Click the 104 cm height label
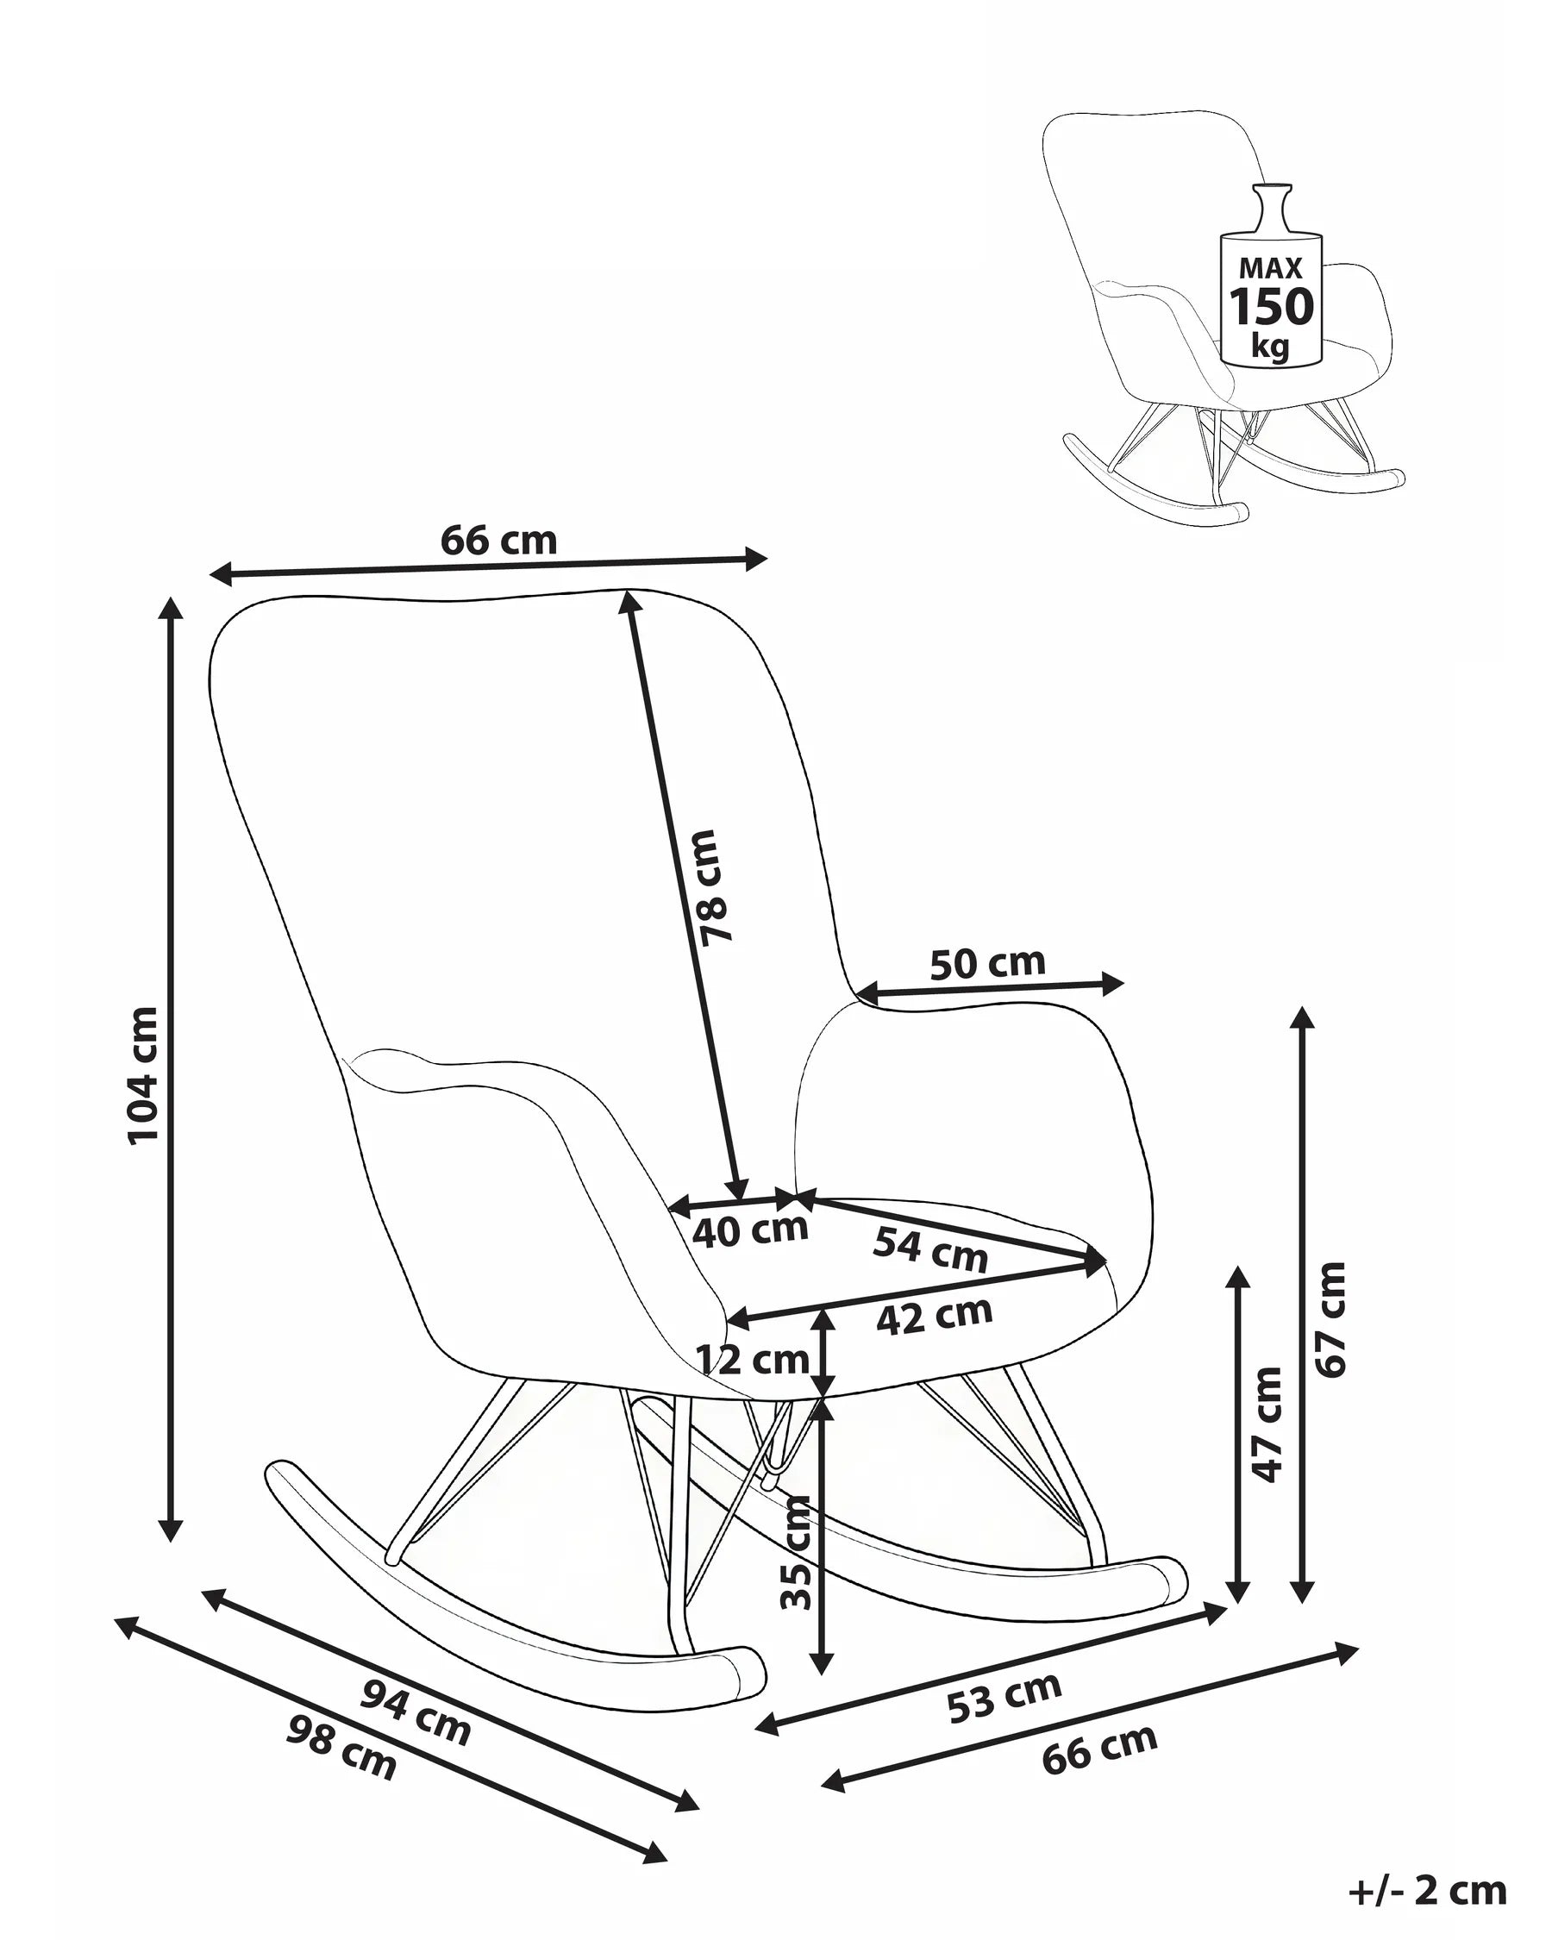click(144, 1074)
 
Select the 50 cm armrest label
click(987, 964)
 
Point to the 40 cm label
click(750, 1231)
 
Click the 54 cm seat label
click(930, 1250)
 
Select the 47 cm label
click(1267, 1424)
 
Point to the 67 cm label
click(1330, 1319)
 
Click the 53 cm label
click(1004, 1697)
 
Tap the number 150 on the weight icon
click(1271, 308)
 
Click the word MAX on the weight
click(1270, 268)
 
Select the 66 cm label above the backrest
click(498, 540)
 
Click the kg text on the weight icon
click(1270, 347)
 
